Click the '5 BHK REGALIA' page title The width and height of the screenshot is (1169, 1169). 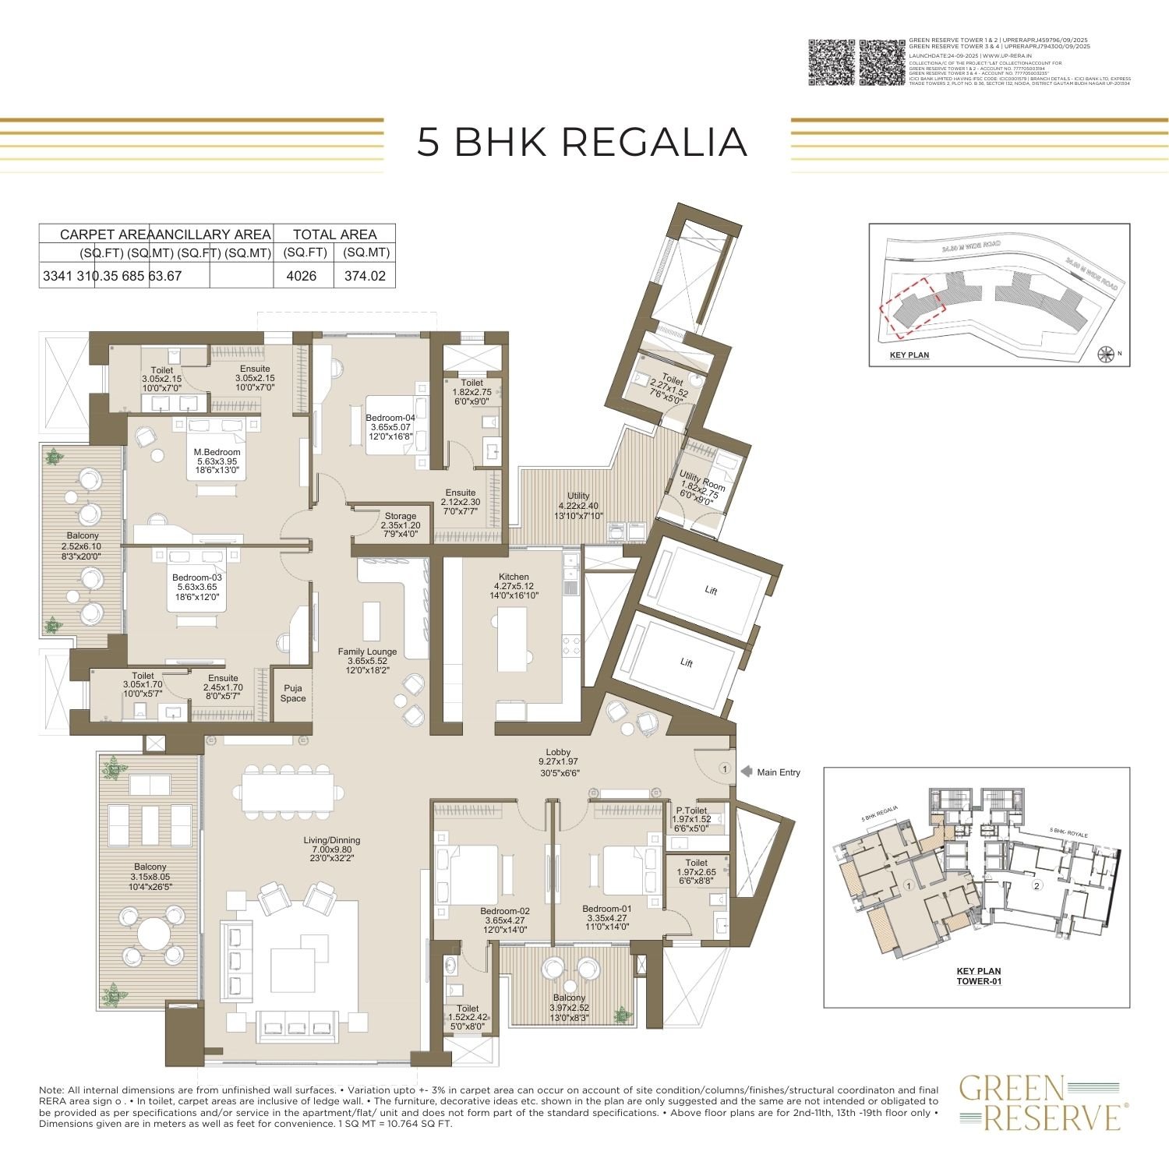(582, 142)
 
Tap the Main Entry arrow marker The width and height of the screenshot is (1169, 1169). (746, 772)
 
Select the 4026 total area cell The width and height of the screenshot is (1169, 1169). (302, 276)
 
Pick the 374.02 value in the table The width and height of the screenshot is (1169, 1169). (365, 276)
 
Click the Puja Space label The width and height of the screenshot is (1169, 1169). (293, 694)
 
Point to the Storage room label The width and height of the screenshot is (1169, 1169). (401, 521)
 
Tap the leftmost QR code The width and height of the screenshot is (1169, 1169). (831, 62)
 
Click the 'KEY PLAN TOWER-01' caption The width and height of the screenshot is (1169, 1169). (978, 976)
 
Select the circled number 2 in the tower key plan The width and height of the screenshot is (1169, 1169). (1037, 885)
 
